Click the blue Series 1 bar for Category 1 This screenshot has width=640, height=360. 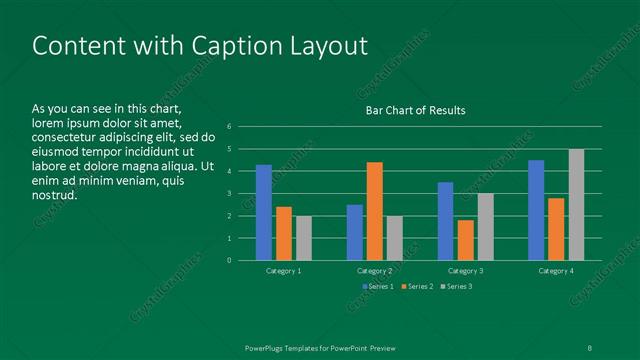pyautogui.click(x=264, y=212)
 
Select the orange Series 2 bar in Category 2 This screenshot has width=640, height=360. pyautogui.click(x=374, y=211)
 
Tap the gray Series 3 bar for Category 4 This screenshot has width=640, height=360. pyautogui.click(x=576, y=204)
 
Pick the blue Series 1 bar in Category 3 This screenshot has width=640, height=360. pyautogui.click(x=445, y=221)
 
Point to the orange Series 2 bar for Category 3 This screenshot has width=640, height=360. pyautogui.click(x=465, y=240)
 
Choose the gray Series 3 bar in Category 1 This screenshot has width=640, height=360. pyautogui.click(x=303, y=238)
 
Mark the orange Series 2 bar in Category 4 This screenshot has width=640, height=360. pyautogui.click(x=556, y=229)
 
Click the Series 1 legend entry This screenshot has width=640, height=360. pyautogui.click(x=378, y=287)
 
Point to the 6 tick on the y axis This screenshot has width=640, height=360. pyautogui.click(x=230, y=127)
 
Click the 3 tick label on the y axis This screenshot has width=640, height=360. pyautogui.click(x=230, y=194)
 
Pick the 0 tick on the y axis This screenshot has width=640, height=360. pyautogui.click(x=230, y=261)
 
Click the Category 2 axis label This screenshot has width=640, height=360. pyautogui.click(x=374, y=271)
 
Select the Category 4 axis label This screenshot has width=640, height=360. pyautogui.click(x=556, y=271)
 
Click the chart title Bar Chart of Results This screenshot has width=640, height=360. pyautogui.click(x=414, y=110)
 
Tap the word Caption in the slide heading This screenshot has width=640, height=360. pyautogui.click(x=216, y=46)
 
